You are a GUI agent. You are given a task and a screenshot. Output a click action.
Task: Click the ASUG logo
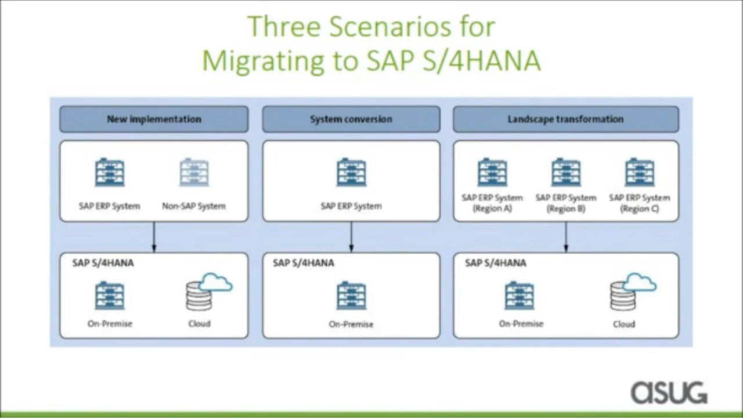(x=669, y=392)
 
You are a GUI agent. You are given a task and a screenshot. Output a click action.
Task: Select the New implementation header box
(x=154, y=119)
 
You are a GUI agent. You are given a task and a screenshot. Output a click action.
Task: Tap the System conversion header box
(x=351, y=119)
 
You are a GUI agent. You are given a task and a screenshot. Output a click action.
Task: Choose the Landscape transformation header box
(x=566, y=119)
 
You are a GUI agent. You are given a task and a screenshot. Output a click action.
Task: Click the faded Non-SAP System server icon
(x=194, y=172)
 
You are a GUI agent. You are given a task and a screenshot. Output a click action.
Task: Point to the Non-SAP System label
(x=194, y=206)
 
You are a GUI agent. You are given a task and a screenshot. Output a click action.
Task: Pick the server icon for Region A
(x=492, y=172)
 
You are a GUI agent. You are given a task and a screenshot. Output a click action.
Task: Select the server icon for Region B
(x=566, y=172)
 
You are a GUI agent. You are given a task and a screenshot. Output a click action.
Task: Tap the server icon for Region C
(x=640, y=172)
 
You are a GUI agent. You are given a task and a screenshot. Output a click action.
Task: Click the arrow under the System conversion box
(x=351, y=237)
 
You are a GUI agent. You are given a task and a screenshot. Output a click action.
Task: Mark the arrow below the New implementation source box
(x=154, y=237)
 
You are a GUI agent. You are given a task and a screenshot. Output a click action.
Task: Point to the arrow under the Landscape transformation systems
(x=566, y=237)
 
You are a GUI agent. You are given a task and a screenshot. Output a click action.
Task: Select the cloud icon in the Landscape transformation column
(x=640, y=283)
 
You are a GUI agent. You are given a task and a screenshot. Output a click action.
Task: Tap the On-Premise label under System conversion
(x=351, y=324)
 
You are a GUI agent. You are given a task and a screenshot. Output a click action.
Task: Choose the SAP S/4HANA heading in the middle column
(x=304, y=263)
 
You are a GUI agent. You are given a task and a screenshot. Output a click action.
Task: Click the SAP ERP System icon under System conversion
(x=351, y=172)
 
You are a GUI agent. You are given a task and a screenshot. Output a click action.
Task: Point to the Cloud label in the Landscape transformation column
(x=624, y=324)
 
